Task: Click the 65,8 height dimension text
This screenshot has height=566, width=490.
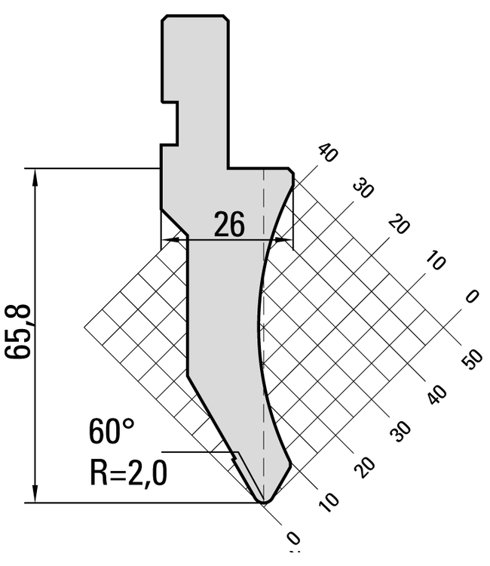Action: tap(17, 332)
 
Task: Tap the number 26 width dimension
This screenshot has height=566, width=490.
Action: tap(229, 224)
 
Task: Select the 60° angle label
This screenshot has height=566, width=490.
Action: tap(112, 431)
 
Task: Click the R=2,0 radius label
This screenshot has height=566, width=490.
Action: tap(128, 474)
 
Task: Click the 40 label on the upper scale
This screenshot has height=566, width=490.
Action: tap(327, 152)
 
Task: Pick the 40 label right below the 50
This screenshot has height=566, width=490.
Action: tap(438, 395)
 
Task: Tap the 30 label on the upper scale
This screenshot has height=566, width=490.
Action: tap(363, 188)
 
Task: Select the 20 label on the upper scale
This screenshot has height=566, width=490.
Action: tap(399, 224)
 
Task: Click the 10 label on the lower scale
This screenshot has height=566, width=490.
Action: tap(329, 502)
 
